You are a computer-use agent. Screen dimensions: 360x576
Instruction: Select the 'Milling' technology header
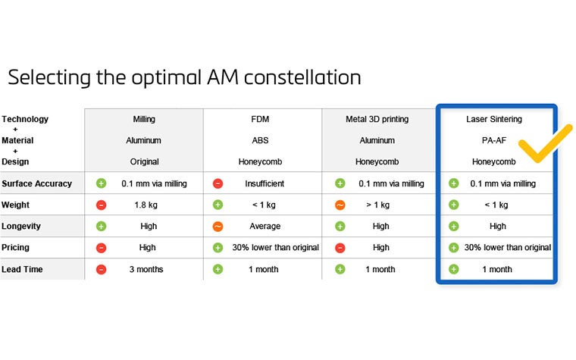[x=144, y=119]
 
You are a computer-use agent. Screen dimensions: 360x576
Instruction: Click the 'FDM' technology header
[x=261, y=119]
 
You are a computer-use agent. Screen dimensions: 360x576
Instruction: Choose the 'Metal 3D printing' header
[x=377, y=119]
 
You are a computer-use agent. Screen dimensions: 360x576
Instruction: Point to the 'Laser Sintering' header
[x=493, y=119]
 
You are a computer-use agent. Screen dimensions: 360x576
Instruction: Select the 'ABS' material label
[x=261, y=140]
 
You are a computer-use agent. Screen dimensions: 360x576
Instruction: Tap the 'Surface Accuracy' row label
[x=36, y=183]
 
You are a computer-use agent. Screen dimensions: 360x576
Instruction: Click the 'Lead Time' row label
[x=23, y=269]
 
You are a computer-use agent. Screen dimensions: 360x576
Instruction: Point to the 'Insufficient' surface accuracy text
[x=265, y=183]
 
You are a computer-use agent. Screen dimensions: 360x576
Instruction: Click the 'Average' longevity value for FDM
[x=265, y=226]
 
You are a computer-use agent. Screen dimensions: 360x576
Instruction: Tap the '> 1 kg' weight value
[x=377, y=205]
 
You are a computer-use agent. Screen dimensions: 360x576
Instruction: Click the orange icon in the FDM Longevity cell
[x=218, y=226]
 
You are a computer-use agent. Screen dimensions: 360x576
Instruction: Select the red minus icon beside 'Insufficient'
[x=218, y=183]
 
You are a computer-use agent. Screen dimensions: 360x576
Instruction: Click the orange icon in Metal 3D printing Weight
[x=340, y=205]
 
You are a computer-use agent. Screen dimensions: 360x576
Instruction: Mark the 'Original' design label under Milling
[x=144, y=161]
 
